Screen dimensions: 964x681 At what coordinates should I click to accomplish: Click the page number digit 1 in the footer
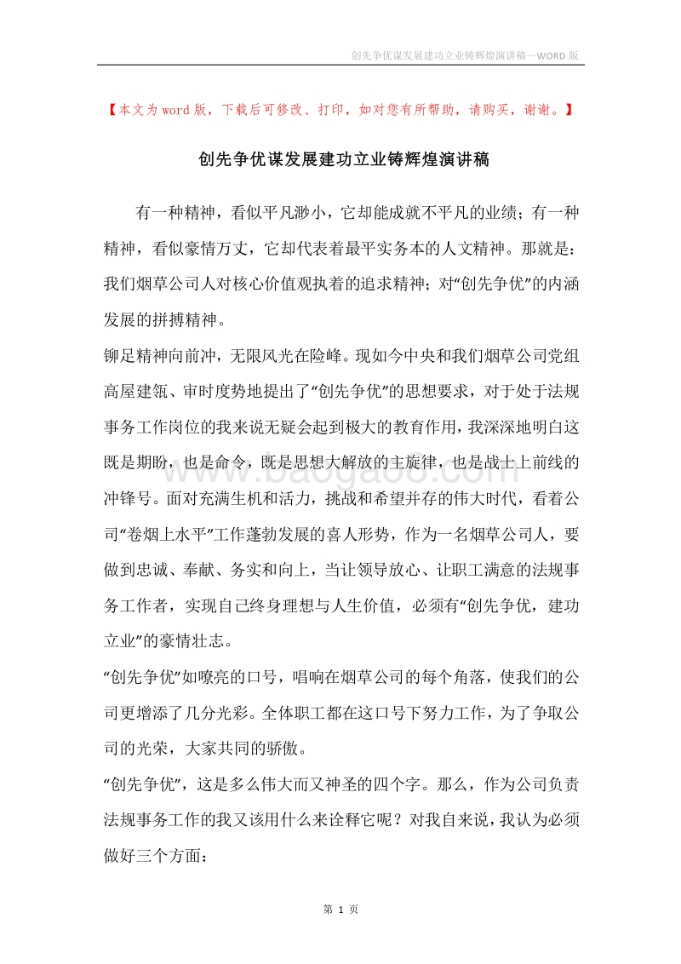click(x=340, y=909)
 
